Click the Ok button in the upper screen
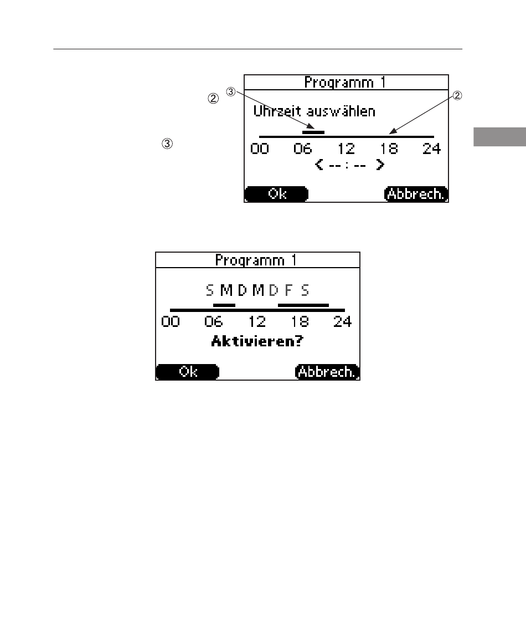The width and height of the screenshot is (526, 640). [276, 194]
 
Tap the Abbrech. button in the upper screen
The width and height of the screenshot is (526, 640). [416, 194]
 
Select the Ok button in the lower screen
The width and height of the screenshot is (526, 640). [188, 372]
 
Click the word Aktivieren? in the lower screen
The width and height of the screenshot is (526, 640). [257, 341]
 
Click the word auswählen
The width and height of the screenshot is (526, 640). [341, 111]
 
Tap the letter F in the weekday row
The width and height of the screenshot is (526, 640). [288, 290]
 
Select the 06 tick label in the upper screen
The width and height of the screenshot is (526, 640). [302, 149]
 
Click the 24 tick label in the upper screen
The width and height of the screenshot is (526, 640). [431, 149]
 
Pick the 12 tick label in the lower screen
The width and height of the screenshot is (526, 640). [257, 321]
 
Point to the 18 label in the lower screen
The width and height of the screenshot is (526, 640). [300, 321]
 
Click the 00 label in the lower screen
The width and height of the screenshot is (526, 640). [171, 321]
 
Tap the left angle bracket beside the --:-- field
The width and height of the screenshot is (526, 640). [319, 165]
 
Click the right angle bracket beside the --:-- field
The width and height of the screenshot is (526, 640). [380, 165]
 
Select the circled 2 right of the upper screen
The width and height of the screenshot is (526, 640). [457, 95]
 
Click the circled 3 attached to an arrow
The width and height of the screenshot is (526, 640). [231, 92]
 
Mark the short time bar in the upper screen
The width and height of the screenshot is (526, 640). [313, 132]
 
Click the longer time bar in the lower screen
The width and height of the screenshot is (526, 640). [303, 305]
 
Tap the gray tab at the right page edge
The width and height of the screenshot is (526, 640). [499, 137]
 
